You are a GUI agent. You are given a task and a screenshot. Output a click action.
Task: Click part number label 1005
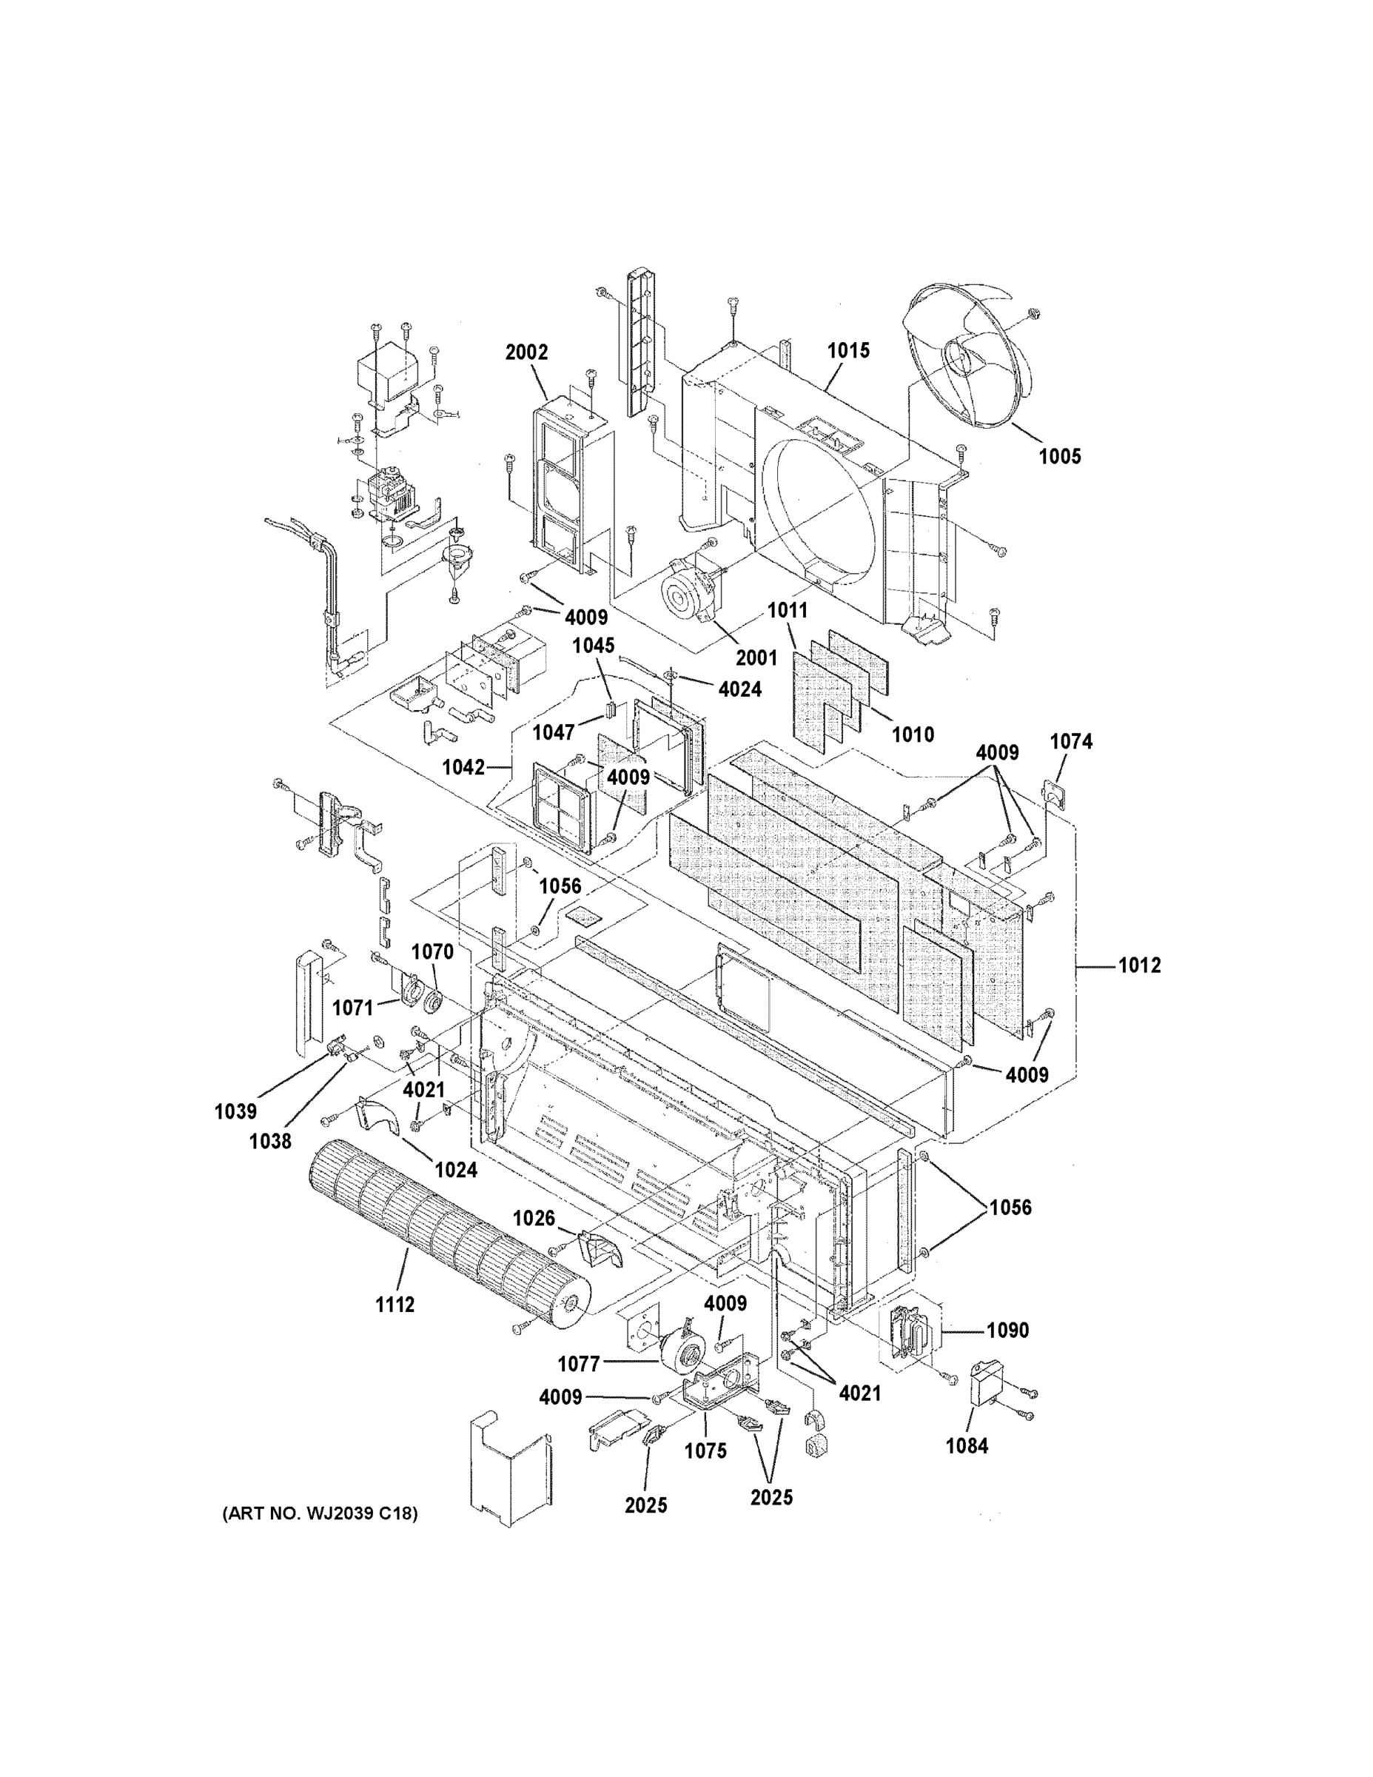tap(1060, 456)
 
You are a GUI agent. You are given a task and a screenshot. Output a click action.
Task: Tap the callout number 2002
tap(526, 352)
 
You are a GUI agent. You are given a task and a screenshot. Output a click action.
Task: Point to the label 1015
tap(848, 351)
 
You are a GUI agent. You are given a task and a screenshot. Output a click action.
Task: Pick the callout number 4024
tap(739, 689)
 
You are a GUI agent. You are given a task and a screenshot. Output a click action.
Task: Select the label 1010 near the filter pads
tap(913, 734)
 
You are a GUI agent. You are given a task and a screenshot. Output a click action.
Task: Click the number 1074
tap(1071, 741)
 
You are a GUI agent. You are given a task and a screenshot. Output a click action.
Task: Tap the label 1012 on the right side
tap(1140, 965)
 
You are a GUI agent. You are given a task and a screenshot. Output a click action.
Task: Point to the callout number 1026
tap(534, 1218)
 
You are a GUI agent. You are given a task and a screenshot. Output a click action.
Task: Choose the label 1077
tap(579, 1364)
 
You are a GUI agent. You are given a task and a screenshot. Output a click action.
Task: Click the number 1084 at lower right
tap(967, 1446)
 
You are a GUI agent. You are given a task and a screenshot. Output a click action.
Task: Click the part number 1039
tap(236, 1111)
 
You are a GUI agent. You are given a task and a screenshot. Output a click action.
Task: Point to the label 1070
tap(432, 951)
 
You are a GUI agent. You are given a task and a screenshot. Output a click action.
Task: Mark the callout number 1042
tap(463, 767)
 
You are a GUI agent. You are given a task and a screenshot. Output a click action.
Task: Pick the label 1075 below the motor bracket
tap(705, 1450)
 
